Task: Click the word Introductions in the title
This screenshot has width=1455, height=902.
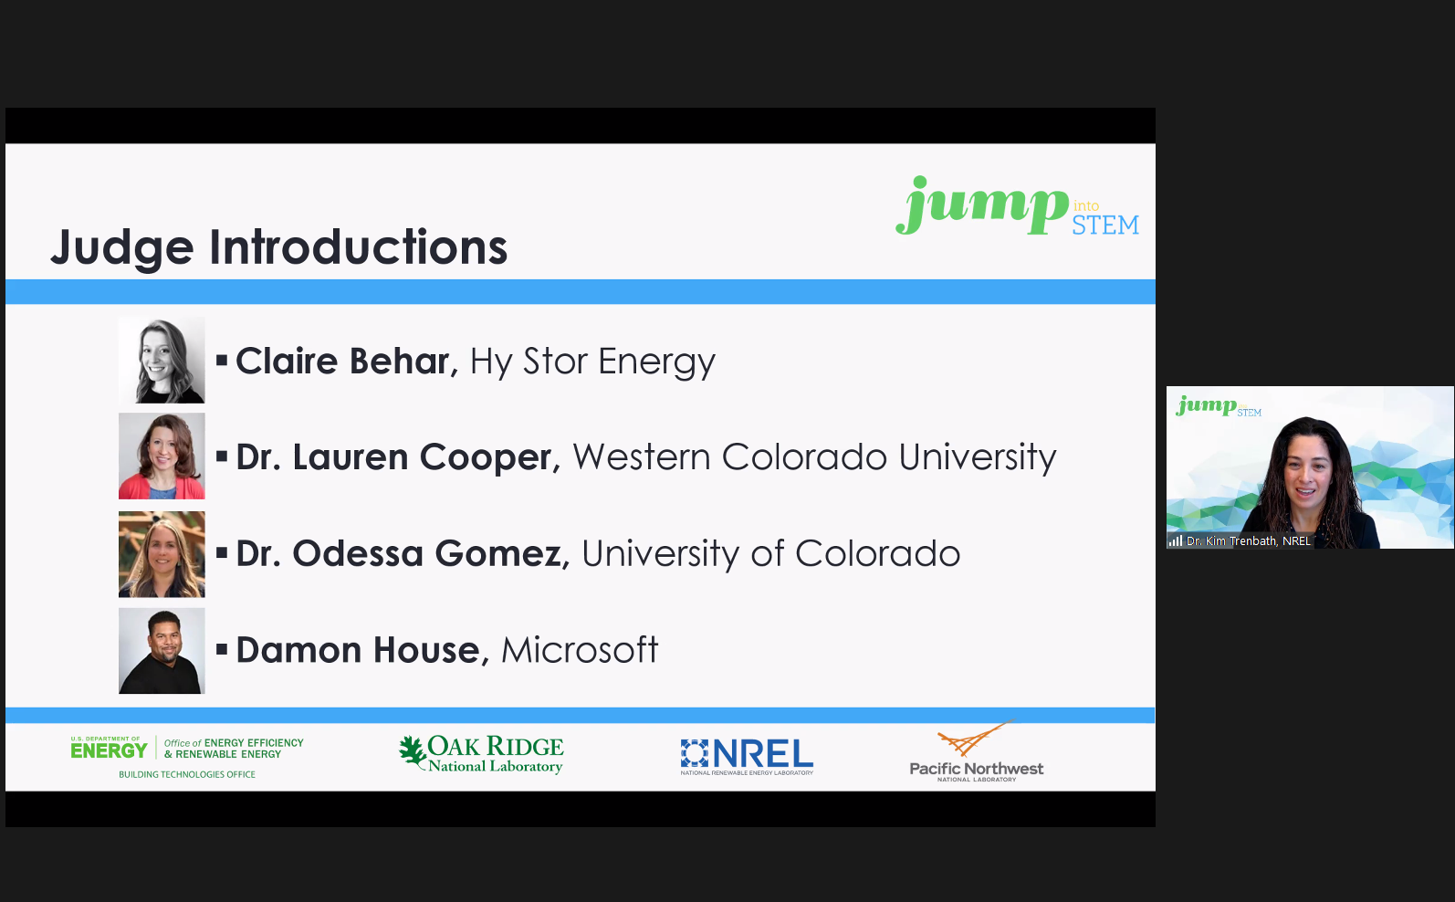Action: tap(358, 246)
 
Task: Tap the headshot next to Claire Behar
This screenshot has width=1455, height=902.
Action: tap(162, 360)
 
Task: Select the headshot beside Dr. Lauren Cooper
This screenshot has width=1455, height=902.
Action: tap(162, 456)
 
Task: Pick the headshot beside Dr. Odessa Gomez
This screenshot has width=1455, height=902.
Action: tap(162, 554)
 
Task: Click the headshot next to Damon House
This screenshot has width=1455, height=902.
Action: tap(162, 651)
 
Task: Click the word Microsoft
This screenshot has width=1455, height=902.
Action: tap(580, 649)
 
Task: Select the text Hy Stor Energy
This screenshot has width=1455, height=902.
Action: tap(592, 362)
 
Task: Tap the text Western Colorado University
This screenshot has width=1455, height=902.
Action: tap(814, 457)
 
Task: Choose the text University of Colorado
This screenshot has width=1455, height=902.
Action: tap(771, 553)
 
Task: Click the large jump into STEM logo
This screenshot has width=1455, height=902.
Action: tap(1017, 205)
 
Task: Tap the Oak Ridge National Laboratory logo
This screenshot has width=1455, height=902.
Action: tap(481, 754)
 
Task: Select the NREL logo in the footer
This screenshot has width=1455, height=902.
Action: tap(747, 757)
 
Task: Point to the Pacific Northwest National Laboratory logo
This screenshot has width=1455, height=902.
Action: tap(977, 751)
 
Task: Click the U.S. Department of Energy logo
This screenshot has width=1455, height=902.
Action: tap(187, 749)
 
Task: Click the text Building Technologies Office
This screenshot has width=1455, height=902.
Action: tap(187, 774)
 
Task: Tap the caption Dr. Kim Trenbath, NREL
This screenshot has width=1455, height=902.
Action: tap(1249, 540)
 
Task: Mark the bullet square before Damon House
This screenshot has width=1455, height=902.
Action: tap(222, 649)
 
